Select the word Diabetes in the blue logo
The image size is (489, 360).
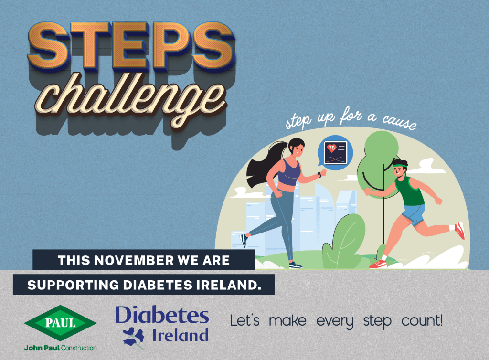162,316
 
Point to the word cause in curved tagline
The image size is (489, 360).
399,123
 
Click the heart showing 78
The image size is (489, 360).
331,148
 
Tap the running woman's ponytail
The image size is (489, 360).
260,167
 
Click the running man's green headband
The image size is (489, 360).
400,165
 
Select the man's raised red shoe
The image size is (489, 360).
459,231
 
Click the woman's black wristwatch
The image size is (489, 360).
319,175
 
